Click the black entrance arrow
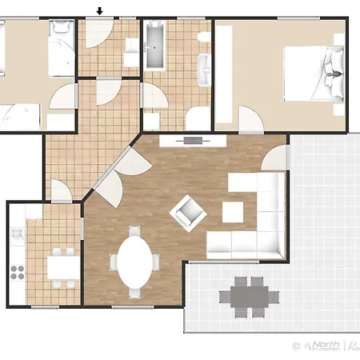(x=99, y=11)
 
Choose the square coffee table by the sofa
(x=233, y=211)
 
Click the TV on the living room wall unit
(x=192, y=140)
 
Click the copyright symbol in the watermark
(x=296, y=346)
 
